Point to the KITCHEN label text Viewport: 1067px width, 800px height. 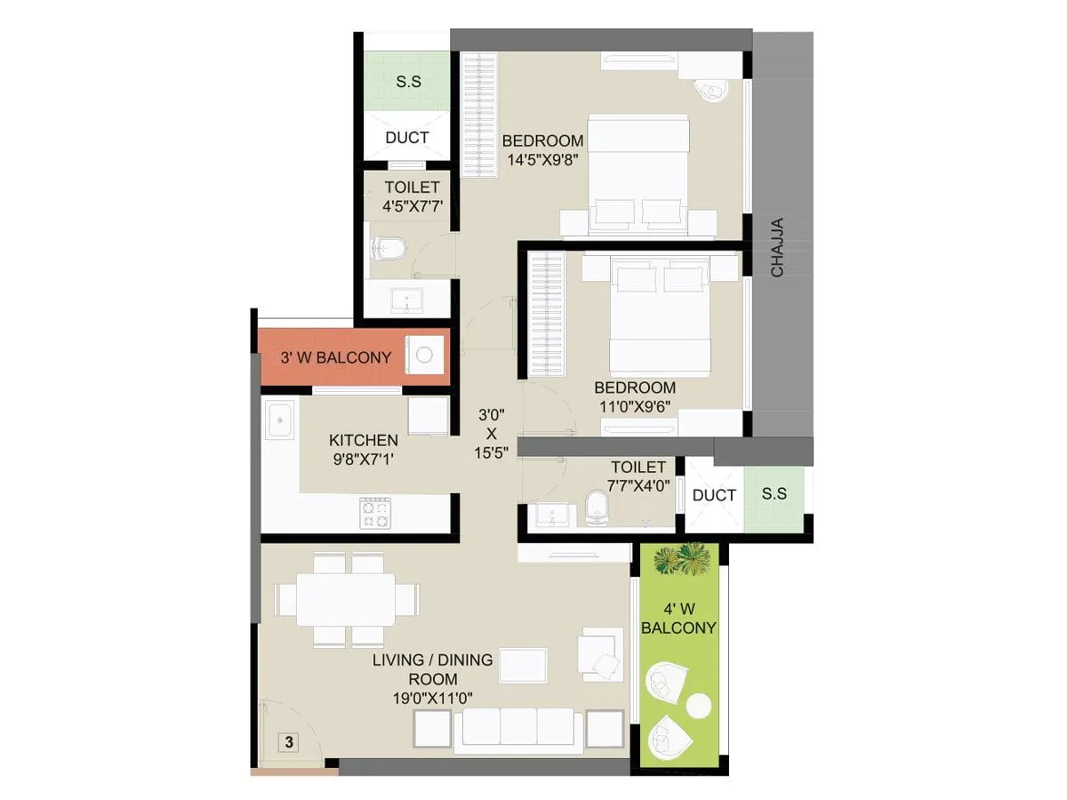[x=364, y=440]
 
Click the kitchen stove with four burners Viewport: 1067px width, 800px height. [x=375, y=513]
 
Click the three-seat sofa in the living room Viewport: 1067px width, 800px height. [x=517, y=727]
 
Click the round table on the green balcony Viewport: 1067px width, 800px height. [x=700, y=706]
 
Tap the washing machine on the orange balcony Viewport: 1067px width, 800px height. [x=424, y=356]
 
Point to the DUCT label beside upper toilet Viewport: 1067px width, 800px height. [x=407, y=138]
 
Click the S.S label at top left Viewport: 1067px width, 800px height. [x=408, y=82]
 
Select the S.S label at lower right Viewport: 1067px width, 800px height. [x=774, y=494]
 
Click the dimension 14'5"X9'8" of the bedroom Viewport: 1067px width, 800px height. [x=543, y=161]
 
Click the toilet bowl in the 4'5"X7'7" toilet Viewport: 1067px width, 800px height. [x=388, y=248]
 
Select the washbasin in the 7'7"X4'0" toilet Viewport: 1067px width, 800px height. [x=551, y=514]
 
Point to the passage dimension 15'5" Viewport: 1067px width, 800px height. [x=491, y=452]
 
